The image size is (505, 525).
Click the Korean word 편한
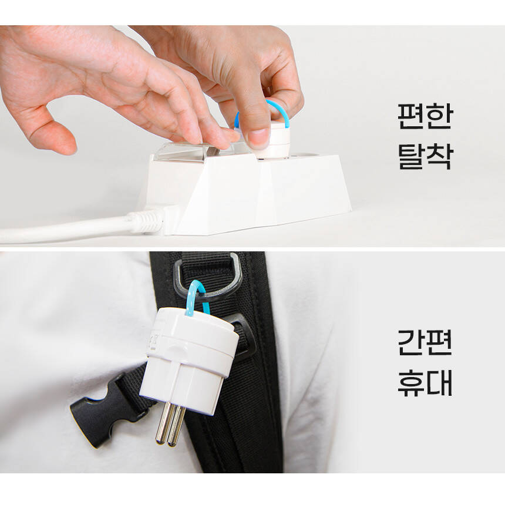coord(425,116)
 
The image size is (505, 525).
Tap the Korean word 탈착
coord(425,156)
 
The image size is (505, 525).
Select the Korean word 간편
coord(425,342)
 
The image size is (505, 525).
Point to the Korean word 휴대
coord(425,383)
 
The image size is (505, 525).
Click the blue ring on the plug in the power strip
coord(285,112)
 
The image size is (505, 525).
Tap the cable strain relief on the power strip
coord(146,221)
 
